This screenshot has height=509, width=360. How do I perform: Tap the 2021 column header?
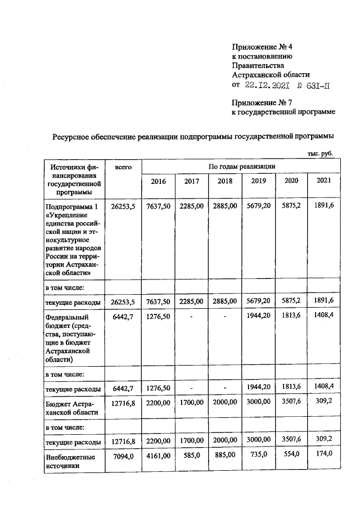324,181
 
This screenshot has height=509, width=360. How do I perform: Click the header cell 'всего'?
123,167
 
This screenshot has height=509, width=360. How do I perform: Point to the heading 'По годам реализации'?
242,166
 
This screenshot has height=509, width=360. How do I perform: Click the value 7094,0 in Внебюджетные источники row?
123,457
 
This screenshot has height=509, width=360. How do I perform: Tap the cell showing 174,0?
324,453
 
